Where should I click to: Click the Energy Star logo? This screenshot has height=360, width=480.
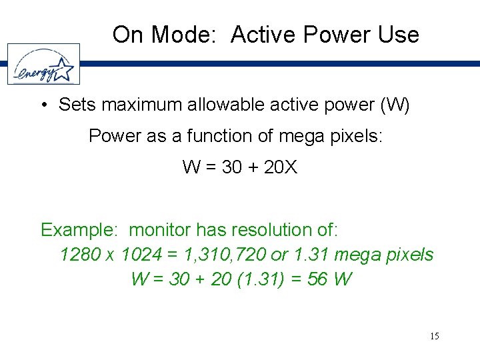coord(43,65)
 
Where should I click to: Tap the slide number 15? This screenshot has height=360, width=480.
coord(435,336)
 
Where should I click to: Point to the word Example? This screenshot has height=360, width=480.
coord(79,231)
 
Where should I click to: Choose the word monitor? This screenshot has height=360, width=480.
coord(159,231)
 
